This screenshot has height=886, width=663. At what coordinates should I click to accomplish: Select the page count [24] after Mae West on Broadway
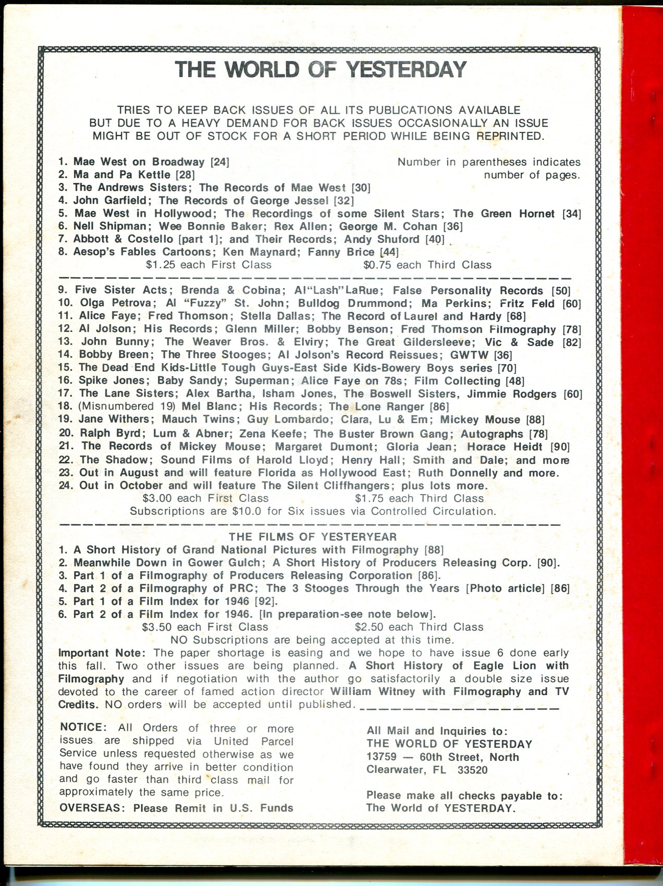(219, 162)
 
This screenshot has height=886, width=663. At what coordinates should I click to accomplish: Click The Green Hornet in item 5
(504, 213)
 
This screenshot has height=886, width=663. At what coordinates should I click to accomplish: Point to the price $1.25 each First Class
(208, 265)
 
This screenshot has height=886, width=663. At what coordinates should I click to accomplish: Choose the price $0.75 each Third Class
(427, 265)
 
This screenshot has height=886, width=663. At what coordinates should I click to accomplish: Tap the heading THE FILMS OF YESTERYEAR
(313, 537)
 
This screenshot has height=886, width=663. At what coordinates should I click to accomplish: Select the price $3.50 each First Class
(205, 627)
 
